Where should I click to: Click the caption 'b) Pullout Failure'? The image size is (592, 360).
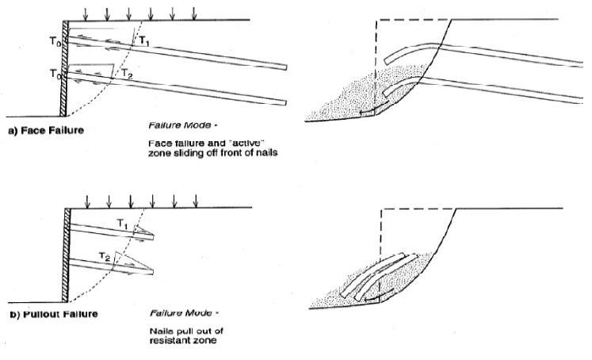pyautogui.click(x=52, y=314)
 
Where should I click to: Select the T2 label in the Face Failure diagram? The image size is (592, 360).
pyautogui.click(x=127, y=73)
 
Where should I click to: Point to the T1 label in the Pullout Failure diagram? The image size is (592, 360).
pyautogui.click(x=122, y=225)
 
